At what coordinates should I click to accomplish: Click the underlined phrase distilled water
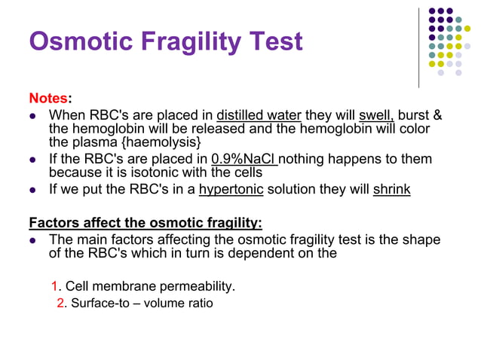[259, 116]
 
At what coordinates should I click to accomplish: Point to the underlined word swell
[376, 116]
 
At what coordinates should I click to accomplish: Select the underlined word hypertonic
[231, 189]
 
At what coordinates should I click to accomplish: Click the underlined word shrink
[391, 189]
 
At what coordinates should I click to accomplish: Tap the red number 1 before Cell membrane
[55, 286]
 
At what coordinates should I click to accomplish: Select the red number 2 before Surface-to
[62, 304]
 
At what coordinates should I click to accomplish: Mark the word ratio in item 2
[199, 304]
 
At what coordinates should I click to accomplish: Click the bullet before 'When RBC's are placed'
[32, 117]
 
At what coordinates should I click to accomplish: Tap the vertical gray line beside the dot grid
[418, 47]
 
